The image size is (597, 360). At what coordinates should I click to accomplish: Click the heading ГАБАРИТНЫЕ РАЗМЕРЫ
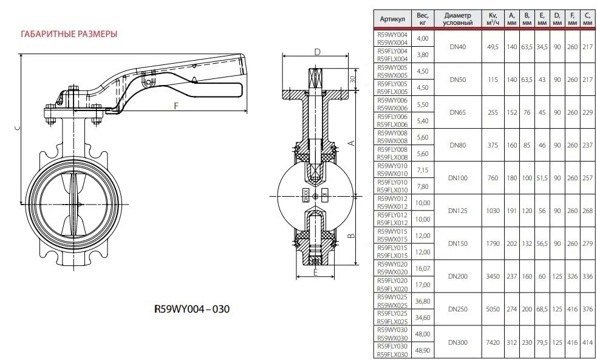(69, 33)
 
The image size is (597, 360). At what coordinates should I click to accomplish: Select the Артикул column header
(392, 19)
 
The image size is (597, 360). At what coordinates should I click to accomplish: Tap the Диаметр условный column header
(457, 19)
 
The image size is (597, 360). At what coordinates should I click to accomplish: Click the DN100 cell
(457, 178)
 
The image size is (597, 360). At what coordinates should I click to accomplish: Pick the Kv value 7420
(493, 342)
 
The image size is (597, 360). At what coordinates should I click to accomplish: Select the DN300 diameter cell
(457, 342)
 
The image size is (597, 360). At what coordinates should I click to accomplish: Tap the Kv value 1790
(493, 243)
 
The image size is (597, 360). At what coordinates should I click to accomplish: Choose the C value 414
(587, 342)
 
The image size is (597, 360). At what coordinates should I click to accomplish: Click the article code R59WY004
(392, 35)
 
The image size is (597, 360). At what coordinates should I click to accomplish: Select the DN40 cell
(457, 46)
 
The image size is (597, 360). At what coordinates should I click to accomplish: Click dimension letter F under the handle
(176, 106)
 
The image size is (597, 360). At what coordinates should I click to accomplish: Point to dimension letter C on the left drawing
(18, 129)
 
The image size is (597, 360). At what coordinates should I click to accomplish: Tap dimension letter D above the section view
(317, 52)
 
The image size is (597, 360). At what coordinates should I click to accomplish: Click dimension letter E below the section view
(315, 273)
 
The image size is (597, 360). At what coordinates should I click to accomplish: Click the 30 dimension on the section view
(352, 79)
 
